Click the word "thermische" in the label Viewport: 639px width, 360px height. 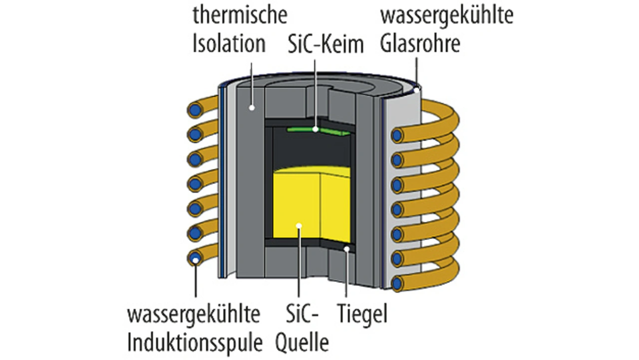[x=240, y=16]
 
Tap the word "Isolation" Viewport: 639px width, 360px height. [x=229, y=44]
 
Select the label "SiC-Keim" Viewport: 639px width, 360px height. [x=326, y=45]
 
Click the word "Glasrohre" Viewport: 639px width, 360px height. [x=420, y=44]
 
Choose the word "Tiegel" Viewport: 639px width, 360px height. [x=362, y=315]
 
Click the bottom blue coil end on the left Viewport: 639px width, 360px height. [x=195, y=258]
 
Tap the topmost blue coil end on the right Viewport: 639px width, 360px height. [x=398, y=135]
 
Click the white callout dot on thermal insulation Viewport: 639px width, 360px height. [x=253, y=107]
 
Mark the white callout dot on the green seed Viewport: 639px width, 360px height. [x=316, y=129]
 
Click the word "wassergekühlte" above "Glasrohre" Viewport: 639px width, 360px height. [x=447, y=16]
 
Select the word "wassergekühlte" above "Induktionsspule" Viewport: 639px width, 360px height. [x=194, y=315]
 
